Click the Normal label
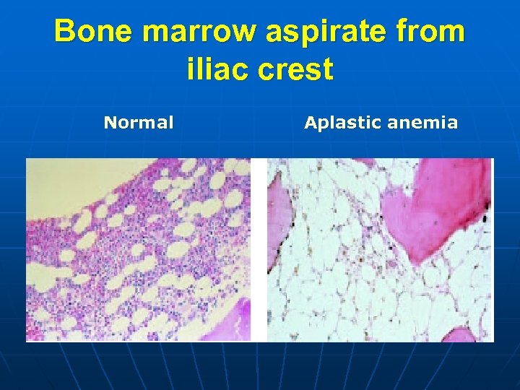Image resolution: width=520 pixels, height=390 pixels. pyautogui.click(x=139, y=123)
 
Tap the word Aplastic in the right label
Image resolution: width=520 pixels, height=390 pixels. pyautogui.click(x=343, y=123)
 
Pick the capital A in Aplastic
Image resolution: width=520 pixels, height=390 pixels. pyautogui.click(x=310, y=123)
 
